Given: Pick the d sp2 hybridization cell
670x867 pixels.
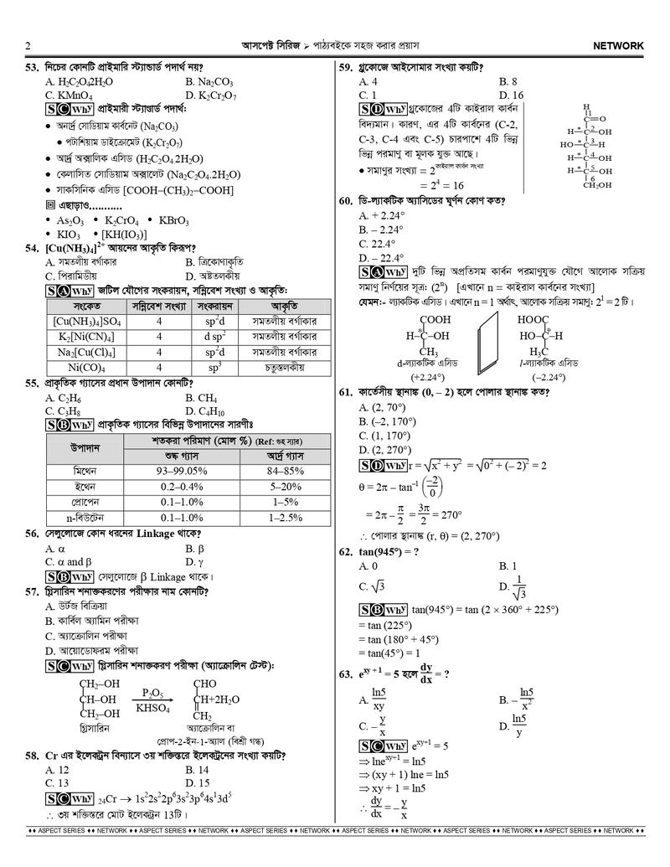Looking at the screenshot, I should [x=214, y=336].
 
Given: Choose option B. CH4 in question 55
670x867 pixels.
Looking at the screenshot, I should [x=205, y=398].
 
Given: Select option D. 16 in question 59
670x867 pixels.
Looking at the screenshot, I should [x=511, y=95].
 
